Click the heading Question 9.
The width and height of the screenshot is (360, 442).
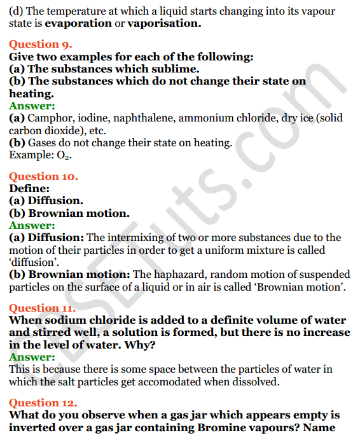point(41,44)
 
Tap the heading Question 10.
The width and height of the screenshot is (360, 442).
point(43,176)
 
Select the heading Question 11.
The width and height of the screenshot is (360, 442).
point(43,308)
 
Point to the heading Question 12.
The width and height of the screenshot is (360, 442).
point(43,403)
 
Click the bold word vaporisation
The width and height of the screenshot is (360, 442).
point(164,24)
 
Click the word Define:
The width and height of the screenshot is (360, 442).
point(29,189)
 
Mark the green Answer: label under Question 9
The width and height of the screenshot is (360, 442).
point(32,106)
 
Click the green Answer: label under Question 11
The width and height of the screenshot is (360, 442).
point(32,357)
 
